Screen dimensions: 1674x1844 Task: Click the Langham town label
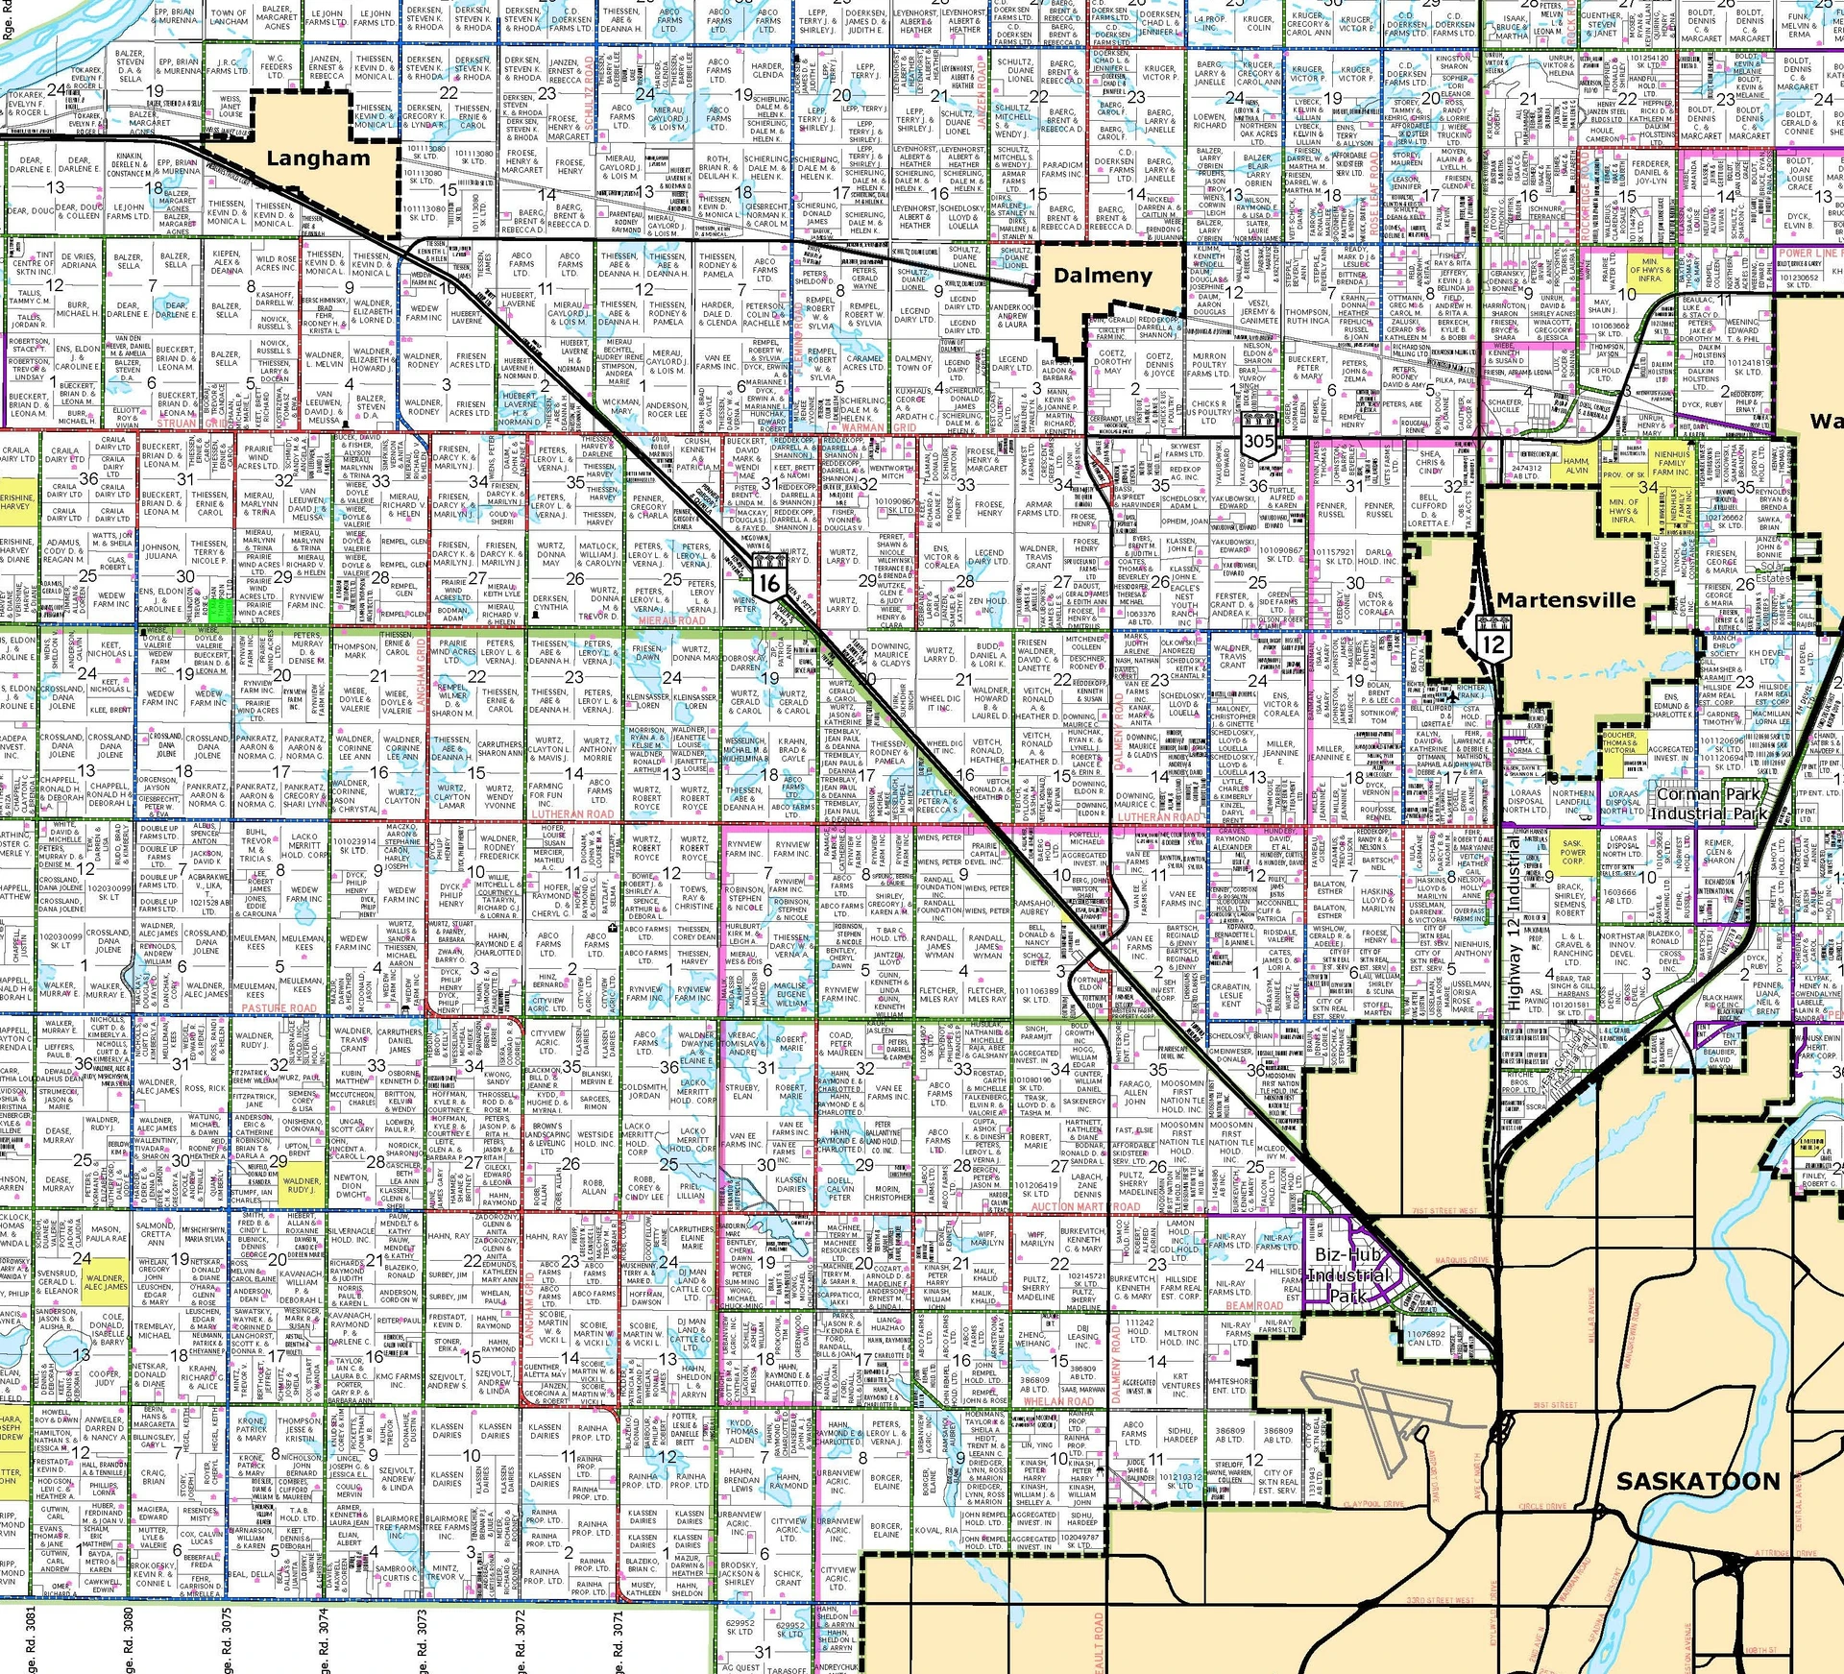point(318,158)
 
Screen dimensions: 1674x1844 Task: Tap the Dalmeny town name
point(1103,276)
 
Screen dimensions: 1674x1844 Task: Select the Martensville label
point(1565,600)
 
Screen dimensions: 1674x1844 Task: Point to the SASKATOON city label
point(1698,1481)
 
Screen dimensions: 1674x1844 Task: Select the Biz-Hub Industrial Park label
point(1348,1274)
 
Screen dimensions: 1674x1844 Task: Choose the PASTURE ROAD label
point(279,1008)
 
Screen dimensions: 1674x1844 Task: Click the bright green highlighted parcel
point(220,610)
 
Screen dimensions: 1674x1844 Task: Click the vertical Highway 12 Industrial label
point(1515,923)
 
